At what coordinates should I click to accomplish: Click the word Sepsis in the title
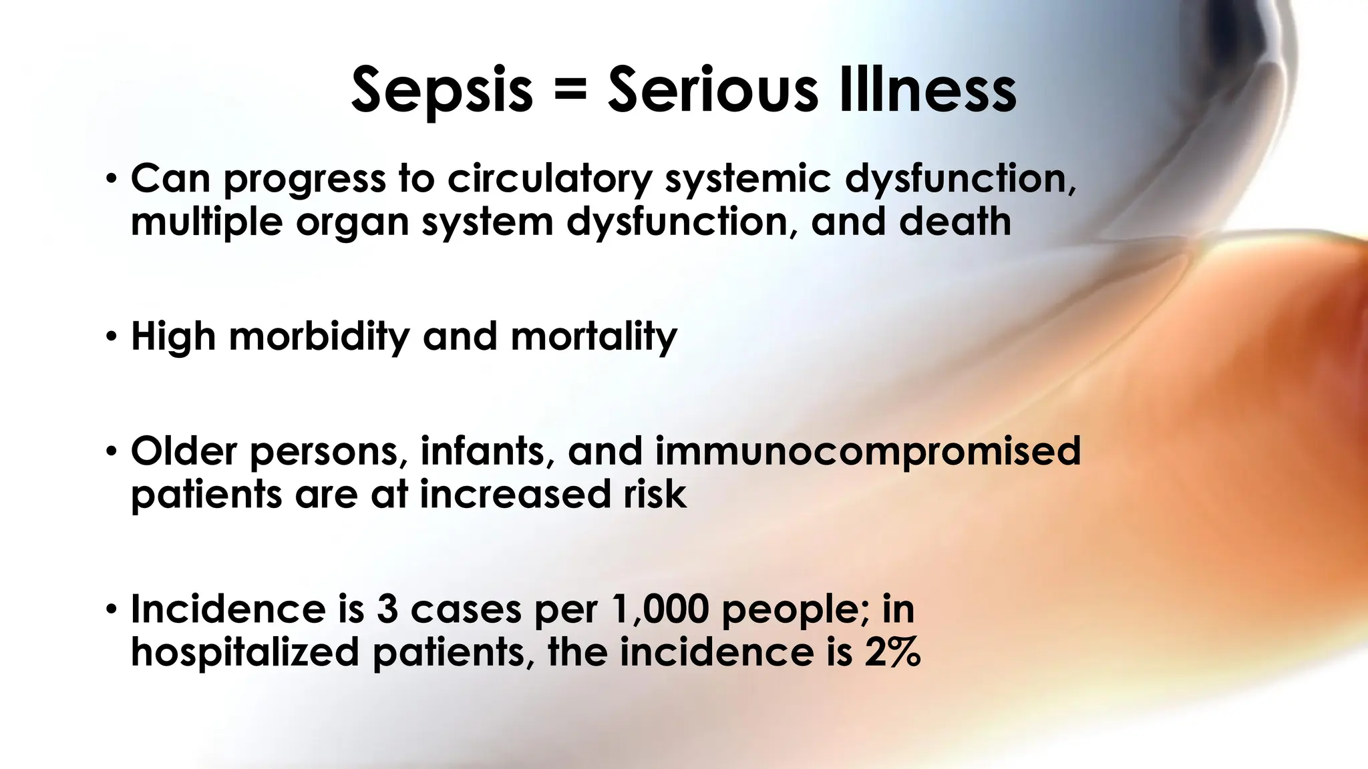442,90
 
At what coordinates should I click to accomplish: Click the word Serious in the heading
712,90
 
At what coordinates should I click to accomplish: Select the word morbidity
319,336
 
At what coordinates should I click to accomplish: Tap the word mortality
594,336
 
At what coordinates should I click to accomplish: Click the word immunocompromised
868,451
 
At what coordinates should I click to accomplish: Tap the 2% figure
892,652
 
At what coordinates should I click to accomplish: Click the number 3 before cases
387,609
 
